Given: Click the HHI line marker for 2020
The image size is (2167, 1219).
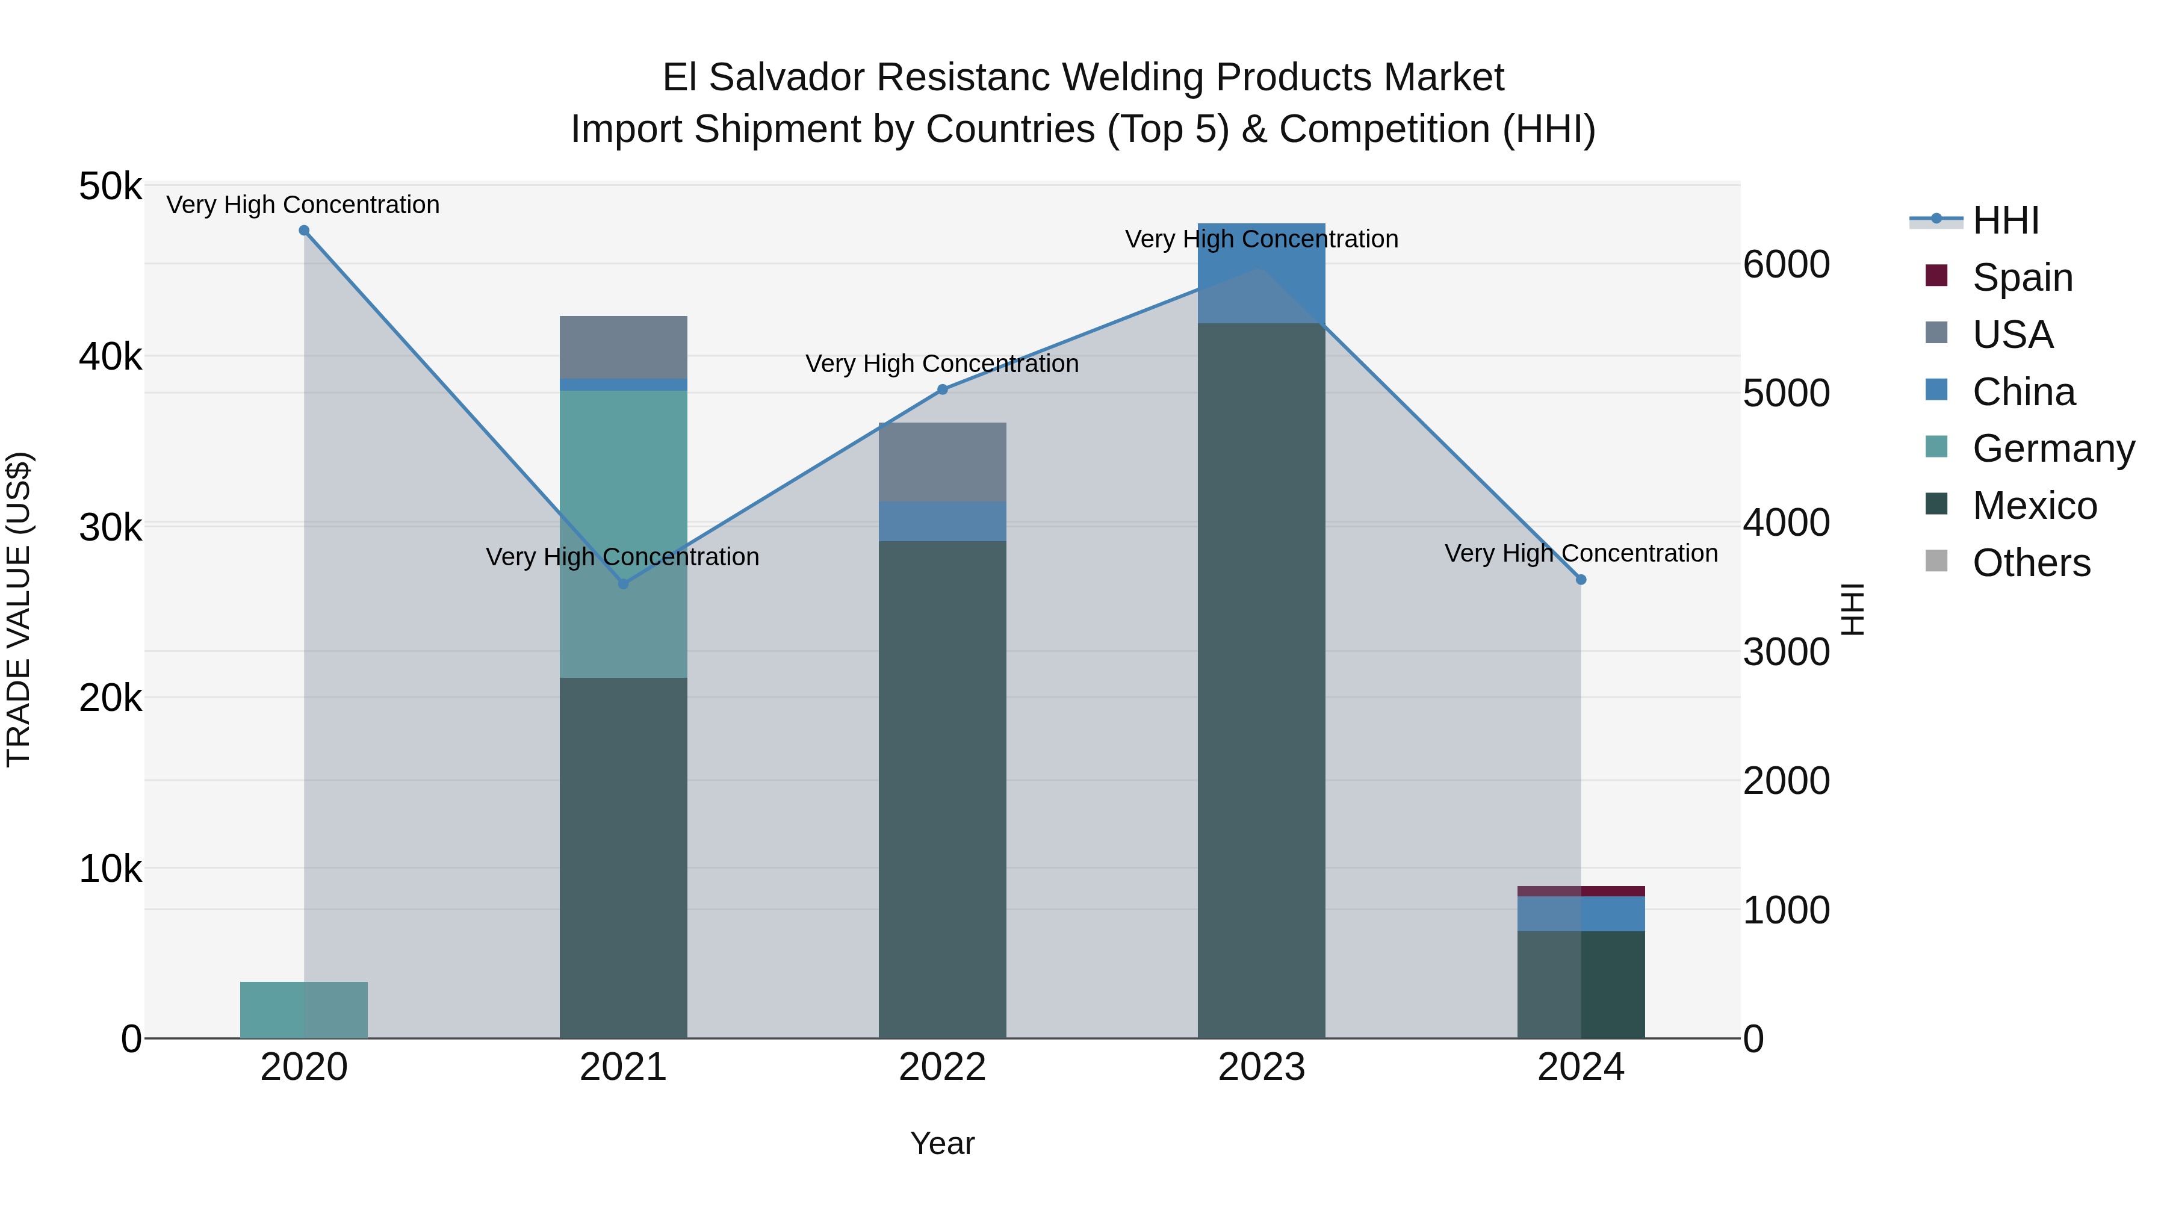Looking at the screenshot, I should click(304, 231).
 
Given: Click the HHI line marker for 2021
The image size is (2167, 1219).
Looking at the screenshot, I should click(624, 584).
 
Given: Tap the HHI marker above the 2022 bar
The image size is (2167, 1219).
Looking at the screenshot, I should click(942, 389).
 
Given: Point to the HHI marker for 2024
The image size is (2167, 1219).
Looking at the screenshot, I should click(1581, 580).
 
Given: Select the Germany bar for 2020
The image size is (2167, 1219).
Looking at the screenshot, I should click(304, 1010).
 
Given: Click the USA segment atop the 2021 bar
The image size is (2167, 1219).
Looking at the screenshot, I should click(624, 347).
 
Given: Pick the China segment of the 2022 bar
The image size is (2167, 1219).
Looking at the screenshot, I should click(942, 521).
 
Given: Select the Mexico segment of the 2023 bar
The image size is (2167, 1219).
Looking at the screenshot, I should click(1261, 681).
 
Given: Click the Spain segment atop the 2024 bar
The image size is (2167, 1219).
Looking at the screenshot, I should click(1581, 891).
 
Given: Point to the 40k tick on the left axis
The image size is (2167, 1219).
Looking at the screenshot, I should click(110, 357).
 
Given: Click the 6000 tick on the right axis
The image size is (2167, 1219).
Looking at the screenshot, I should click(1786, 264).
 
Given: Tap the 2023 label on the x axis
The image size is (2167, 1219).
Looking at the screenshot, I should click(1261, 1067).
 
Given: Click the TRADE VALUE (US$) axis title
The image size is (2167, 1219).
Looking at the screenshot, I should click(19, 609).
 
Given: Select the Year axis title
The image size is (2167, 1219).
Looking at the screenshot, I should click(942, 1143).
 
